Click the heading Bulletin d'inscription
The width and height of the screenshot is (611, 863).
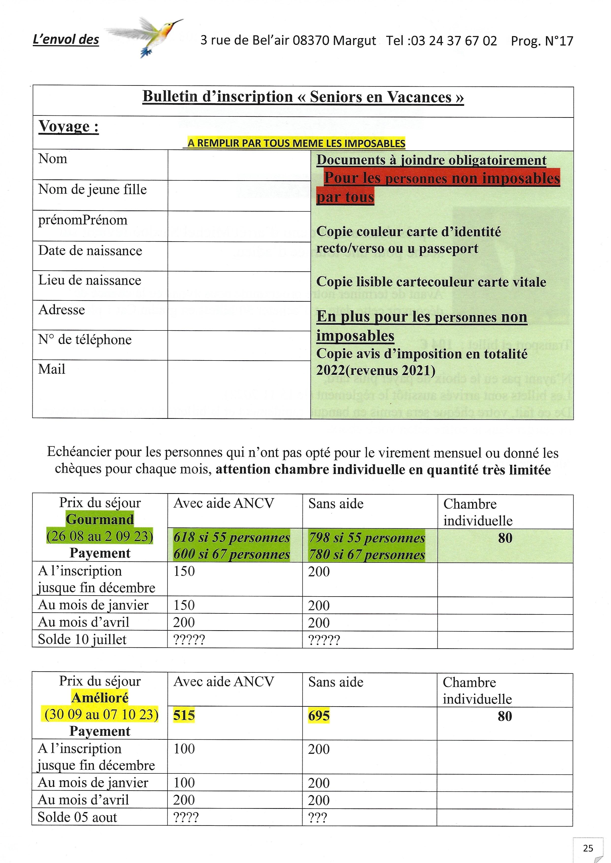coord(303,97)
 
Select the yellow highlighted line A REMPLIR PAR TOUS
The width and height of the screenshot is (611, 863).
coord(296,143)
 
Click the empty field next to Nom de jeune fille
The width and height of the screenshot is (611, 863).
coord(239,195)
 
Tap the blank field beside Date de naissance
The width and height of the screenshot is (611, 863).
coord(239,256)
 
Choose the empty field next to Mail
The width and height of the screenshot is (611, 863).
coord(239,389)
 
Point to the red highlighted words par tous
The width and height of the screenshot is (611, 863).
coord(345,197)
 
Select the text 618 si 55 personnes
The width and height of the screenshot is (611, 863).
coord(231,537)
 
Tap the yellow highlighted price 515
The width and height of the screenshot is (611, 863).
coord(184,715)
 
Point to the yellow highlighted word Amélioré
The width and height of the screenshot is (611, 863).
coord(100,698)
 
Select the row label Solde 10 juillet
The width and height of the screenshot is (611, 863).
coord(82,639)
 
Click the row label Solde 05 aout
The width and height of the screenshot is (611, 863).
coord(77,817)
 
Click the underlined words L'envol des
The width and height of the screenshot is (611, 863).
coord(66,39)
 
